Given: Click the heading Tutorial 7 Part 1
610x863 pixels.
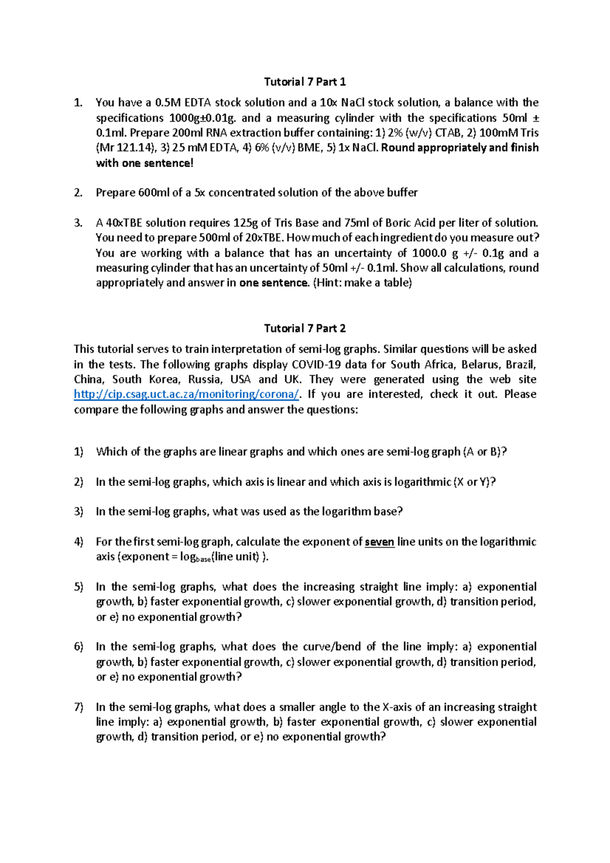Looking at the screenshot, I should (304, 82).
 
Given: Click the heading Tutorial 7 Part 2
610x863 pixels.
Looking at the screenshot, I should (304, 328).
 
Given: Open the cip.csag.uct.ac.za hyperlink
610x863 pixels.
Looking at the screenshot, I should (187, 394).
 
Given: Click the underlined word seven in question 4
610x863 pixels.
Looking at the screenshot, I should (379, 542).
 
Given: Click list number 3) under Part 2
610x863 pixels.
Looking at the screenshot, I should (78, 512).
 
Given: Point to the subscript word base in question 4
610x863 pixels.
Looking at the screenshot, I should (203, 559).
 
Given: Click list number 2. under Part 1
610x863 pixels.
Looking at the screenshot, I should (78, 193).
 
